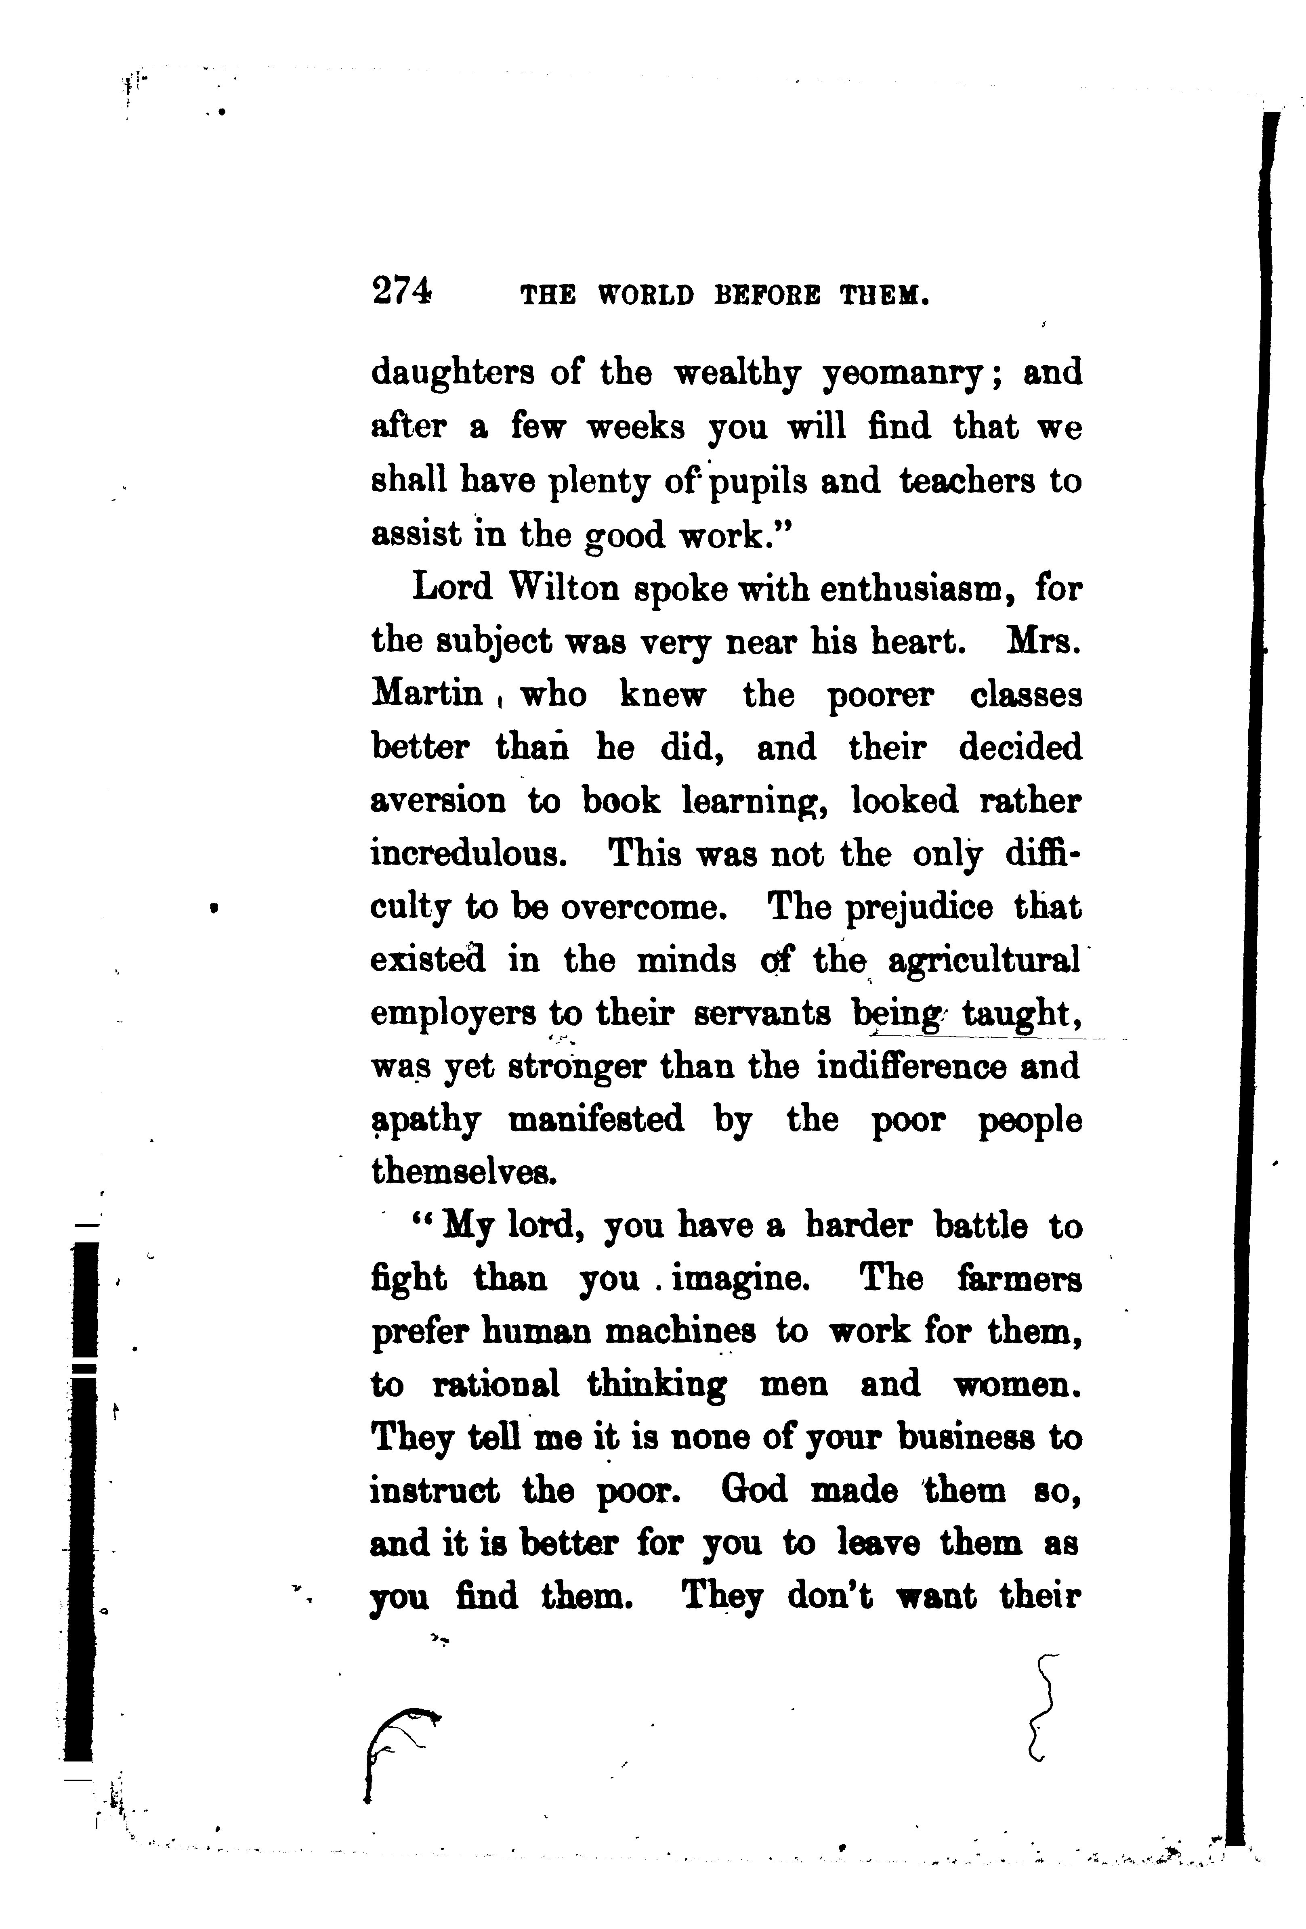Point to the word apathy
[425, 1121]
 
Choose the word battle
[980, 1226]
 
